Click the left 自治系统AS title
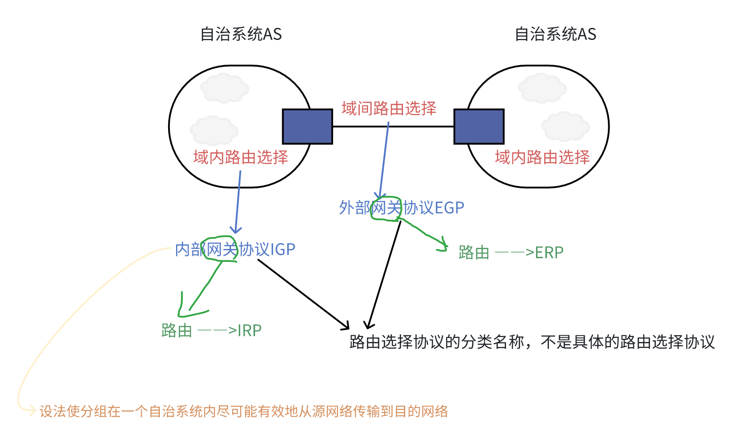click(x=241, y=34)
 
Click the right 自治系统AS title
click(x=555, y=34)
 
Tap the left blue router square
click(x=307, y=127)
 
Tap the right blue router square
click(x=479, y=127)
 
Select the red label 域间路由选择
click(x=389, y=109)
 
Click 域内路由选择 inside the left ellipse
click(x=241, y=157)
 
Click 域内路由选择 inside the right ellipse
click(x=542, y=157)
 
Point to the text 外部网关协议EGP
click(x=401, y=208)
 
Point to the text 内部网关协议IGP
click(x=235, y=249)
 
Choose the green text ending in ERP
click(x=511, y=252)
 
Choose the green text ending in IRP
click(x=211, y=330)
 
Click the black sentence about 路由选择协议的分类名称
click(x=532, y=342)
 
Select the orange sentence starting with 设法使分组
click(x=244, y=411)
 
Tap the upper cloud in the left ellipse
click(x=224, y=88)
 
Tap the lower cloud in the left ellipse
click(x=214, y=131)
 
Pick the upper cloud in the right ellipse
click(x=542, y=88)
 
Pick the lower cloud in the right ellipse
click(x=565, y=127)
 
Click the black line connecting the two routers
click(x=393, y=127)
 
